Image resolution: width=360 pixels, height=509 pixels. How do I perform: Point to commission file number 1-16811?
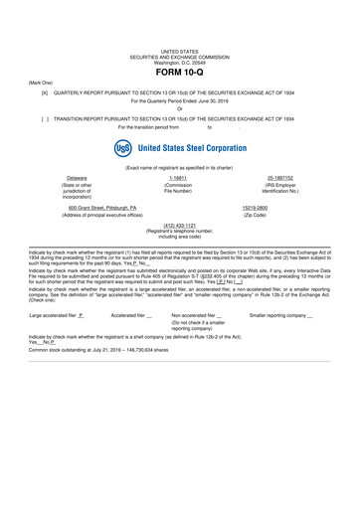[180, 177]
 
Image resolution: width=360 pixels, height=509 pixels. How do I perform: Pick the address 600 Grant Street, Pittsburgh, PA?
[96, 208]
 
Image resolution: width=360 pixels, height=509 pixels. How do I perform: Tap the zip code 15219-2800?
[284, 208]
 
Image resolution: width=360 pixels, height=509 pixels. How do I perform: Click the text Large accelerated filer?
[54, 315]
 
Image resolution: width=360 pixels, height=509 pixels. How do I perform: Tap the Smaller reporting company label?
[278, 315]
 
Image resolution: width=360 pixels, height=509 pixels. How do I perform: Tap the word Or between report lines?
[180, 109]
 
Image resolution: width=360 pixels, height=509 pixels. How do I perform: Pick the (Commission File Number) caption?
[180, 188]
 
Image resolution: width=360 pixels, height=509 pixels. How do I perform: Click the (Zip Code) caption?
[283, 215]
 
